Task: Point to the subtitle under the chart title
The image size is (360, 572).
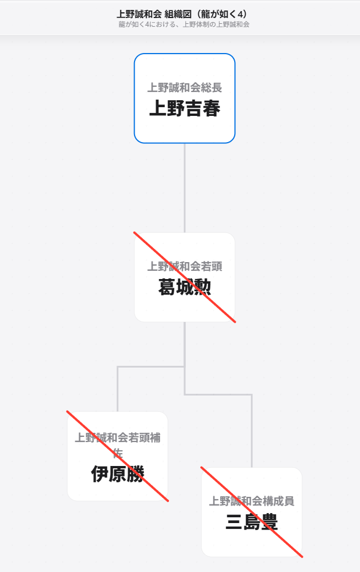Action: pos(184,25)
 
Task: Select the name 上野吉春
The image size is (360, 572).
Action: pos(185,108)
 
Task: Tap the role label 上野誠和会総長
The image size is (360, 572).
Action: pos(185,87)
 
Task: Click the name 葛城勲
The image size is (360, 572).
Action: pos(185,287)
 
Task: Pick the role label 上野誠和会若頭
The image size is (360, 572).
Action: pos(185,266)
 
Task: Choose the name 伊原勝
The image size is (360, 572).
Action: pos(118,474)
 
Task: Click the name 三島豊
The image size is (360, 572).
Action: pos(252,522)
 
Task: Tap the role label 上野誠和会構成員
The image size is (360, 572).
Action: pos(252,501)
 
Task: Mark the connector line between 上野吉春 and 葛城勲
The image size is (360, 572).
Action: pos(185,188)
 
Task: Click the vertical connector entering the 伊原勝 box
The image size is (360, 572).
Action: pos(118,389)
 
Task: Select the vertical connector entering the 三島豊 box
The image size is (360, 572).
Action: pos(252,431)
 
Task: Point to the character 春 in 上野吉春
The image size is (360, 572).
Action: pos(211,108)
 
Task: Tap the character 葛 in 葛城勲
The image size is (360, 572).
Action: pos(167,287)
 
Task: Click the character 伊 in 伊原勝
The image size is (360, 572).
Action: pos(100,474)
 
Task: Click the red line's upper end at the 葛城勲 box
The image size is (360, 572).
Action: pos(134,232)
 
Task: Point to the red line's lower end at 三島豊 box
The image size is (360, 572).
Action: pos(302,557)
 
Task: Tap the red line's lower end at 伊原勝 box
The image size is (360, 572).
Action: pos(168,502)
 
